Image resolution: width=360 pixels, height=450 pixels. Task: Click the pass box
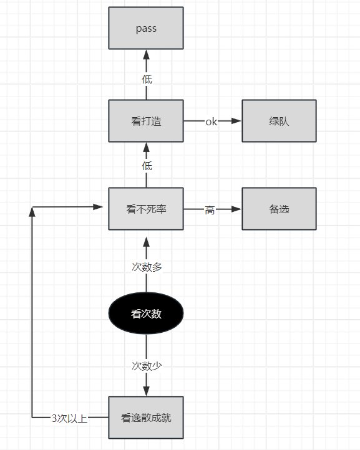[146, 28]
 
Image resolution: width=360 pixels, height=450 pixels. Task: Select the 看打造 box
[146, 121]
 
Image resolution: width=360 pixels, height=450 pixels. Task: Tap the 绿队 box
[279, 121]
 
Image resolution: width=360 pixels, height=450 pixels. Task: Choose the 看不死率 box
[146, 209]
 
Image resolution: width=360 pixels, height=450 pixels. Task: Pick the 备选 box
[279, 209]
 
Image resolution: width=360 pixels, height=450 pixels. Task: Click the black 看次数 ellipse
[146, 314]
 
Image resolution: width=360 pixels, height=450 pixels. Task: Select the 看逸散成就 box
[146, 418]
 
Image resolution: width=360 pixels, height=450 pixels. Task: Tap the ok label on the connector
[211, 122]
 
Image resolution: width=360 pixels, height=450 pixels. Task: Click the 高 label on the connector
[210, 210]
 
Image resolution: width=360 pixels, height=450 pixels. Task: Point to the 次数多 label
[147, 267]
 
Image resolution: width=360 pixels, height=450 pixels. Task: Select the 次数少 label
[147, 366]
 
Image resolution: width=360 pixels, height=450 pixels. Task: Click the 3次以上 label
[69, 418]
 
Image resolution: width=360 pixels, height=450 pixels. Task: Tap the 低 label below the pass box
[147, 79]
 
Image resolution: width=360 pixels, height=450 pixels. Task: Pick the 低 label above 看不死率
[147, 166]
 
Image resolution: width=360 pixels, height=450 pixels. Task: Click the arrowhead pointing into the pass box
[146, 54]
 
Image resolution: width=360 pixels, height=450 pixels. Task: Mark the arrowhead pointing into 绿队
[236, 121]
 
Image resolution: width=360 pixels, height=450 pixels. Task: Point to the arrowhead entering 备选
[236, 209]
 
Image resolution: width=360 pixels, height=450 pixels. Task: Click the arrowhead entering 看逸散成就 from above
[146, 391]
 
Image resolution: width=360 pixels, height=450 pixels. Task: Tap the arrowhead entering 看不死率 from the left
[98, 207]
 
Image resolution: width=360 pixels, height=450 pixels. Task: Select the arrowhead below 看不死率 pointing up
[146, 242]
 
